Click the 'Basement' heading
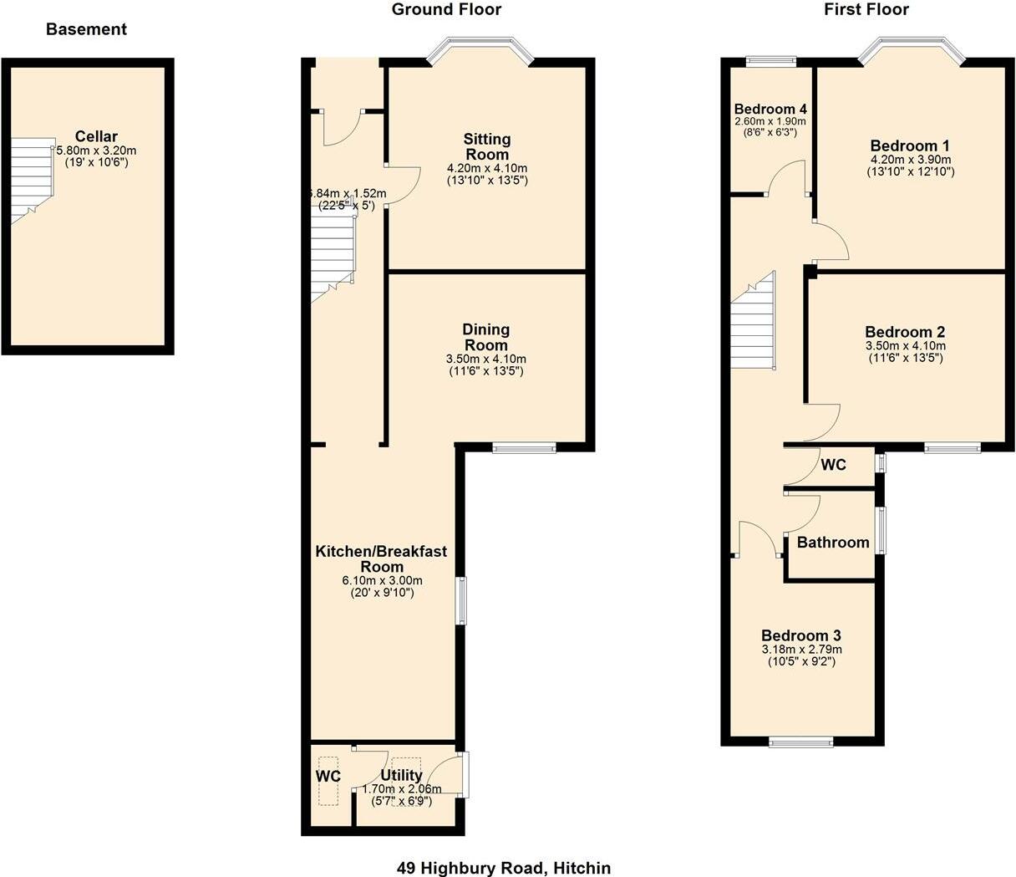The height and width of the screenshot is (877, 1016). tap(86, 29)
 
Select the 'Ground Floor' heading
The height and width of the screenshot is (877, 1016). tap(446, 10)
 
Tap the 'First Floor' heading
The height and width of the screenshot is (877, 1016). tap(866, 10)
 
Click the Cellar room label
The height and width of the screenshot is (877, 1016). tap(96, 136)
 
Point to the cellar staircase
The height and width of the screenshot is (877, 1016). tap(33, 180)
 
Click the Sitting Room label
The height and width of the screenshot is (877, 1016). tap(487, 146)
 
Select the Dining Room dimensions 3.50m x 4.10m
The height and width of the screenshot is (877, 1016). tap(486, 359)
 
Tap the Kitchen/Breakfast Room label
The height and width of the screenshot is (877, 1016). tap(381, 558)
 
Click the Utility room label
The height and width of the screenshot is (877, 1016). tap(402, 775)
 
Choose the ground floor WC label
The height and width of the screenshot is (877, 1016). tap(328, 776)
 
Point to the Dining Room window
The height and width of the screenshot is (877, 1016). tap(524, 448)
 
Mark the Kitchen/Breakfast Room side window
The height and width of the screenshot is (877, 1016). tap(461, 599)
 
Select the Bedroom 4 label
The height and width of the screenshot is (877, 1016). tap(770, 110)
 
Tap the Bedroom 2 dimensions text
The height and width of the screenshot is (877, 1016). tap(905, 352)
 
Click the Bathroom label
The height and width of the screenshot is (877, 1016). tap(832, 543)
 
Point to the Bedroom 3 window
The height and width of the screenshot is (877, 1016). tap(800, 741)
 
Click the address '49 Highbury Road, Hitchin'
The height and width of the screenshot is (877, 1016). tap(504, 868)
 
